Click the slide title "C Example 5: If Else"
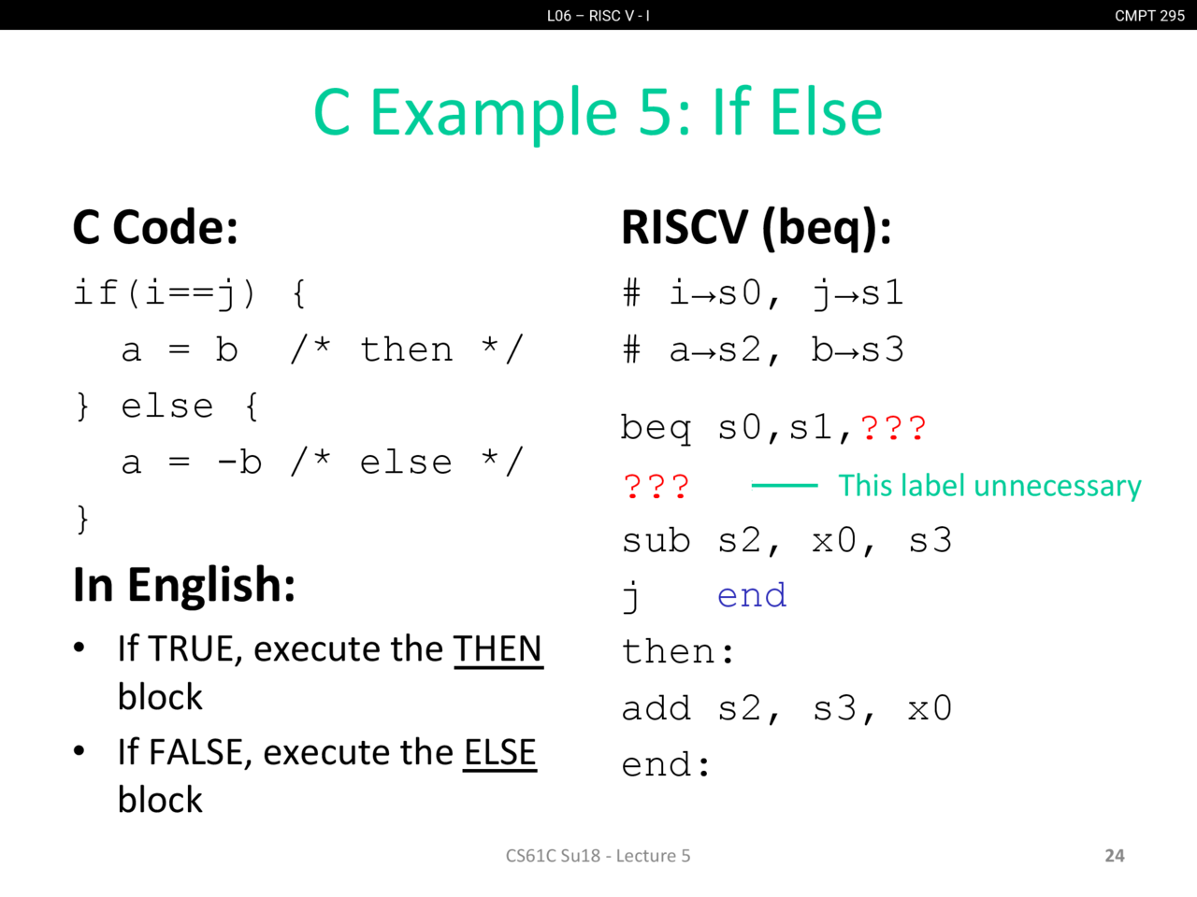tap(598, 113)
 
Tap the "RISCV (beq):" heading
tap(757, 228)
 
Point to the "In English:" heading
tap(184, 586)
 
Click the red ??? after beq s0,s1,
tap(893, 428)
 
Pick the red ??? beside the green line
tap(656, 487)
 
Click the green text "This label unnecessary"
tap(989, 485)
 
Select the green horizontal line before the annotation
tap(785, 485)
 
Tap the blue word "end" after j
tap(752, 595)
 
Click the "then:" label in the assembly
tap(678, 651)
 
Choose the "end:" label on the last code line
tap(665, 764)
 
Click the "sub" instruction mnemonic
tap(656, 541)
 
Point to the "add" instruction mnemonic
tap(656, 708)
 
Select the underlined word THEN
tap(498, 649)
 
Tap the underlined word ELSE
tap(499, 753)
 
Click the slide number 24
tap(1114, 856)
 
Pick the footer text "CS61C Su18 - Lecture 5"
tap(598, 856)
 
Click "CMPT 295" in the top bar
tap(1149, 16)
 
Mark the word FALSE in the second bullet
tap(195, 753)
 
